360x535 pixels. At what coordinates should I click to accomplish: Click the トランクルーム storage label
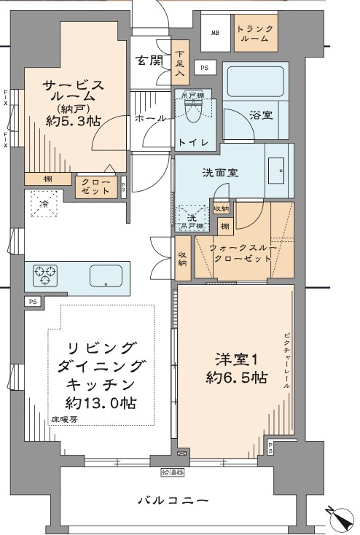point(256,34)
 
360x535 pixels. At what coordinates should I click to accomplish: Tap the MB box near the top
point(215,34)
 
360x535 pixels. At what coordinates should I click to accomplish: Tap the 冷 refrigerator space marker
point(43,205)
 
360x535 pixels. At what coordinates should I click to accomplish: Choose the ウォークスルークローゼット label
point(243,254)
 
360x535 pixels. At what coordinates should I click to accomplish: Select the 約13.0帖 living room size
point(102,403)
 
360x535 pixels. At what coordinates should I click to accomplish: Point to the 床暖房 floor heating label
point(63,420)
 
